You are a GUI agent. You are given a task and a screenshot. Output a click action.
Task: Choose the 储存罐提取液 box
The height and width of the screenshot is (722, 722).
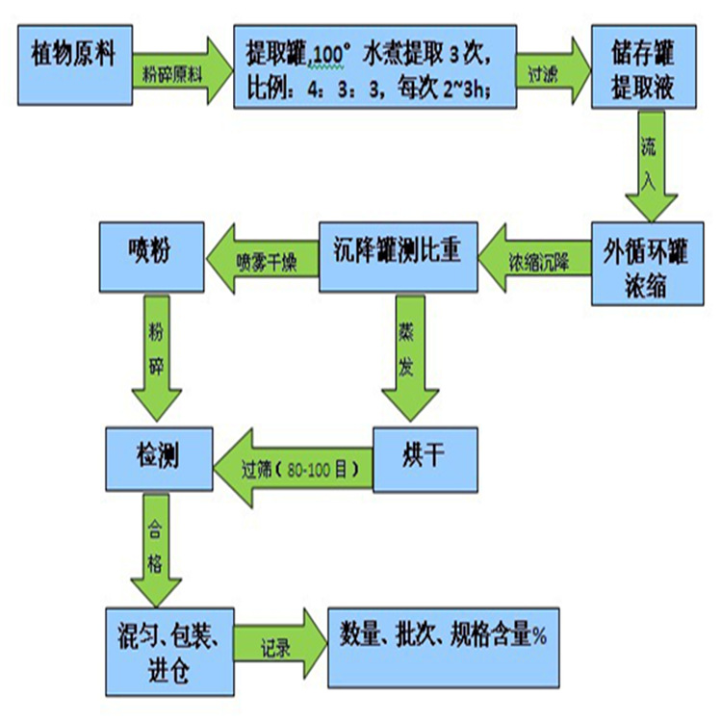(643, 67)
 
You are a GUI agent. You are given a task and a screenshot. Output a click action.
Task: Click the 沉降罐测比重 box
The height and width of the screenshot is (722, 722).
(398, 254)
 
